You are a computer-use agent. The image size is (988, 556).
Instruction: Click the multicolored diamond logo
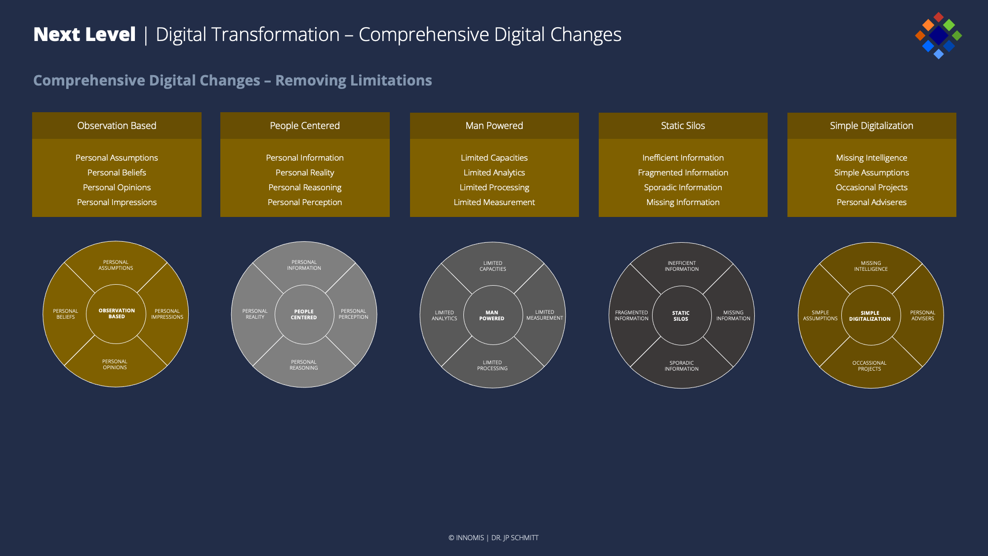click(938, 36)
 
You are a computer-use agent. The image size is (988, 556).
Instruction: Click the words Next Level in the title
click(84, 35)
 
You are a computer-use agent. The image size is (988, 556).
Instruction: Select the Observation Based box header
click(117, 126)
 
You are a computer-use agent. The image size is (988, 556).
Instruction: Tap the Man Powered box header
click(494, 126)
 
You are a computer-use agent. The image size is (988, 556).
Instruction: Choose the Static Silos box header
click(683, 126)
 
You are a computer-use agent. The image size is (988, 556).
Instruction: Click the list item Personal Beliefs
click(117, 172)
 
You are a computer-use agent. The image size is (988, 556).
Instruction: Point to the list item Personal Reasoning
click(305, 188)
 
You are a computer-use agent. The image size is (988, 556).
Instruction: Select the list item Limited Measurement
click(494, 202)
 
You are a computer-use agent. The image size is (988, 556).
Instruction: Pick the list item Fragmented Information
click(683, 172)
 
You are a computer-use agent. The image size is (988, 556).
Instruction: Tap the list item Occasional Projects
click(871, 188)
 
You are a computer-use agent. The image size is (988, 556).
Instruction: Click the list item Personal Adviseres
click(871, 202)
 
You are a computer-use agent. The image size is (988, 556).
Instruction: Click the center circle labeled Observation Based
click(116, 314)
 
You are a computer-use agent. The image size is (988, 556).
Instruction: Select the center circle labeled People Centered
click(304, 314)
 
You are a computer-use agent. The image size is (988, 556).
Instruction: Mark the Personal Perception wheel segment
click(354, 314)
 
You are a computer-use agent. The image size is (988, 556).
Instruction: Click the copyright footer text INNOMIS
click(470, 538)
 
